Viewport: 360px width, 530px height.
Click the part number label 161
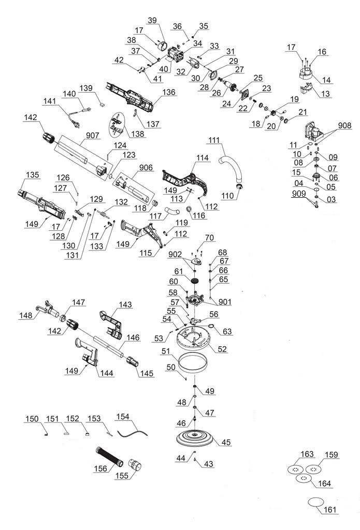point(330,509)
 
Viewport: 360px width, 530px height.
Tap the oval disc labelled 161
point(315,502)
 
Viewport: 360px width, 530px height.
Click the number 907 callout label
point(92,135)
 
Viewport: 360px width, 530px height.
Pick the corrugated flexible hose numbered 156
point(108,457)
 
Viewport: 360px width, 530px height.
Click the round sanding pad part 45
point(195,437)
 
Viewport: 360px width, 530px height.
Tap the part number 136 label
point(169,92)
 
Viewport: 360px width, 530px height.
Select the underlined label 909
point(299,194)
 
